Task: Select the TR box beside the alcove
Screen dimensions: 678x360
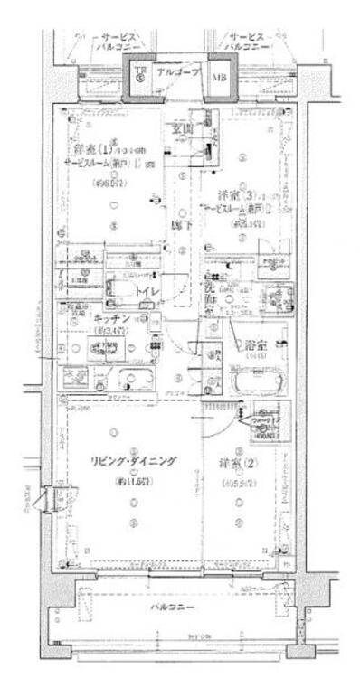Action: point(140,73)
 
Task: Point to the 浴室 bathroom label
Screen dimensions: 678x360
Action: point(257,344)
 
